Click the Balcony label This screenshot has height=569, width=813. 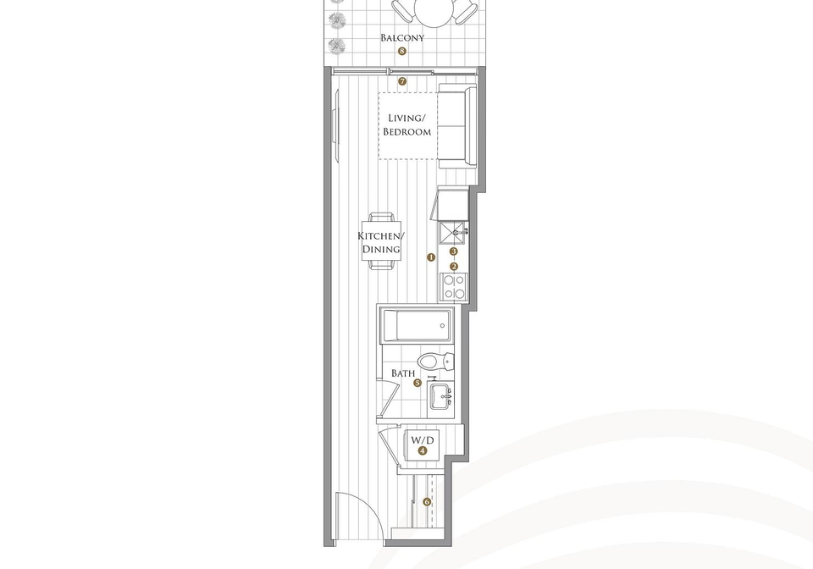click(402, 37)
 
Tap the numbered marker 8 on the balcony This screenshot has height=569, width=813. click(401, 52)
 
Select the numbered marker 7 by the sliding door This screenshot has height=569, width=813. click(402, 81)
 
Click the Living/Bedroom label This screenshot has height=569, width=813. click(407, 124)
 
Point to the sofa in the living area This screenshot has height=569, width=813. click(457, 126)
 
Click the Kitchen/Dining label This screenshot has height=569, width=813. click(381, 242)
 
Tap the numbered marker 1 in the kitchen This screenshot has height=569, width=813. click(431, 257)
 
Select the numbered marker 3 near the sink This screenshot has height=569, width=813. click(454, 251)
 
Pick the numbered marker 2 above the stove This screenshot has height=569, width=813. click(454, 267)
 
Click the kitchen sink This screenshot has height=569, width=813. click(453, 233)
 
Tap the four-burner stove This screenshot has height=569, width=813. click(454, 287)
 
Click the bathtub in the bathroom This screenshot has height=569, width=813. click(418, 325)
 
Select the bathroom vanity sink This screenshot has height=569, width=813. click(441, 397)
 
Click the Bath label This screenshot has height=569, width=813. click(403, 373)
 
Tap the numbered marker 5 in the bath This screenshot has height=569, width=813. click(418, 384)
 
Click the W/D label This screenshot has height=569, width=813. click(422, 440)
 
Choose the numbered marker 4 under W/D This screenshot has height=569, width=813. click(423, 450)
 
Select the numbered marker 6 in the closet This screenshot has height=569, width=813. click(427, 501)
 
